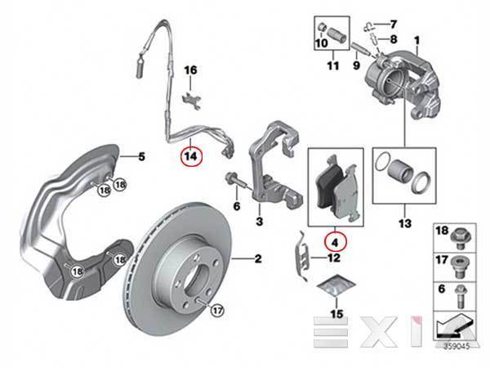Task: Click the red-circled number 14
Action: pos(190,155)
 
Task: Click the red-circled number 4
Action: pos(336,240)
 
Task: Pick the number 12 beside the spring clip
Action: pos(333,258)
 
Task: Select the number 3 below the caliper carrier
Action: pos(258,221)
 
